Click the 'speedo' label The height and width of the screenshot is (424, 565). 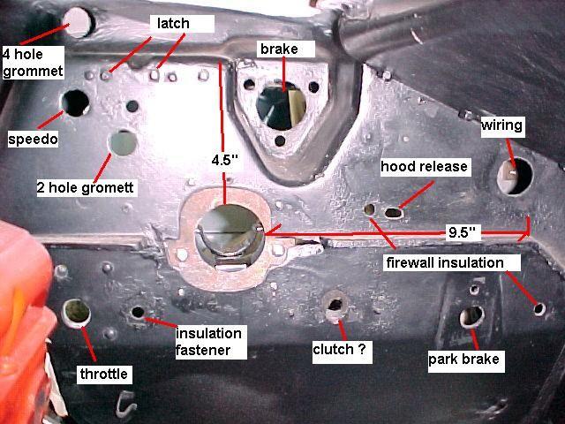click(x=34, y=140)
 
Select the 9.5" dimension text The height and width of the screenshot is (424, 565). click(x=463, y=232)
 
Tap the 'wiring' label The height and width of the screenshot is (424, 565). click(x=501, y=126)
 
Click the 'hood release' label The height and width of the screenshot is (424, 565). click(x=424, y=166)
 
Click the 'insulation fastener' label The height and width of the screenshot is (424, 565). click(x=209, y=341)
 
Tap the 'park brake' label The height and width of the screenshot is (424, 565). click(x=463, y=359)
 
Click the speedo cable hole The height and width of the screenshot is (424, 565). click(x=74, y=102)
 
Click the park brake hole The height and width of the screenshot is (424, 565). click(x=472, y=316)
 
